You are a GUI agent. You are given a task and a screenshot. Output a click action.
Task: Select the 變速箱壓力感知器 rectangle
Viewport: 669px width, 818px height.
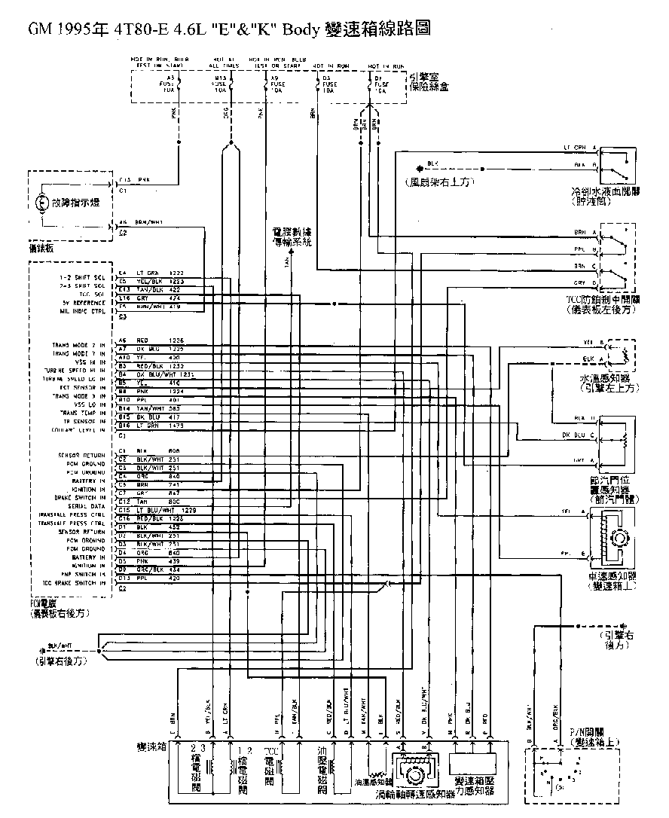(x=472, y=763)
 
